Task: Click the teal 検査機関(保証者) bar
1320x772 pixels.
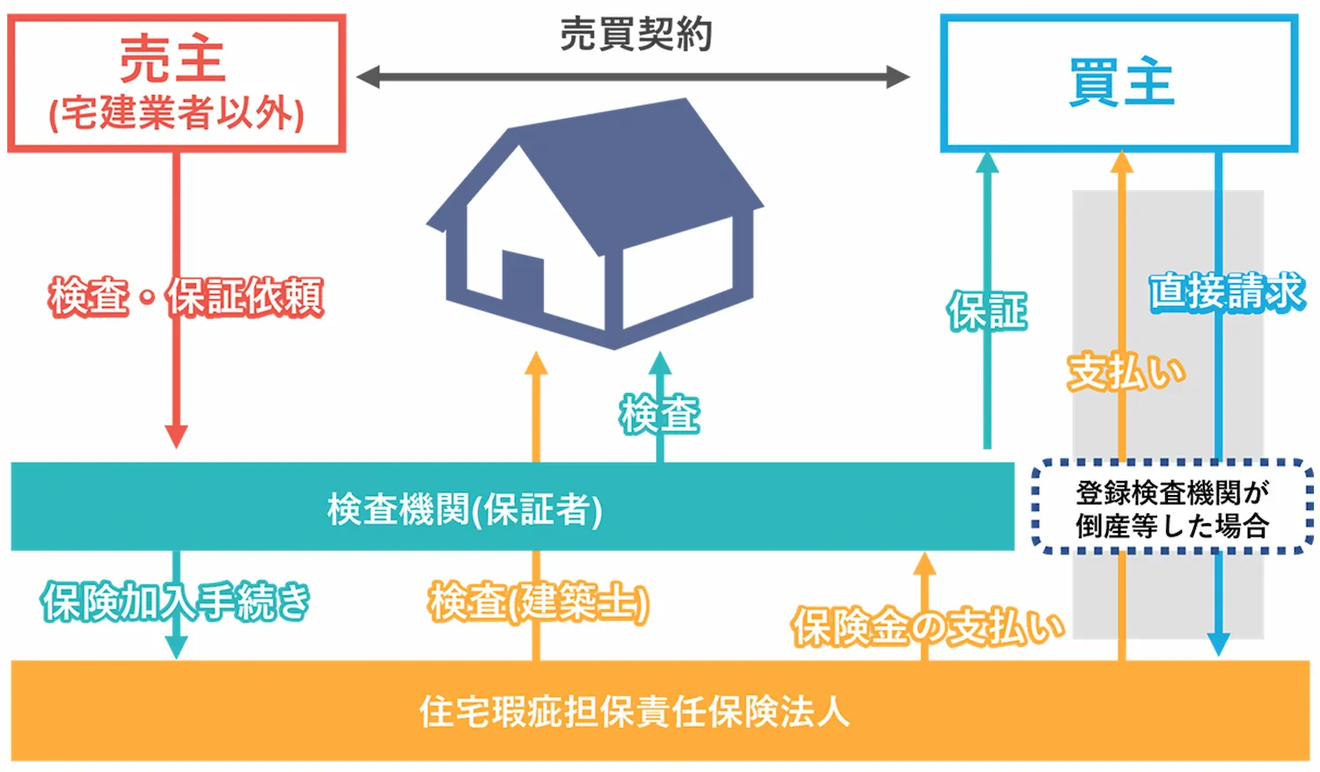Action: [510, 508]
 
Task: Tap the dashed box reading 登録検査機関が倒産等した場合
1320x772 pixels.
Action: [1171, 508]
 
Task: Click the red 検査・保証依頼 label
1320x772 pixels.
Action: [186, 297]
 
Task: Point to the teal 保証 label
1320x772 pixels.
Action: [987, 312]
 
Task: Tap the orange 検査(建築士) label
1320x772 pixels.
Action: [539, 603]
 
